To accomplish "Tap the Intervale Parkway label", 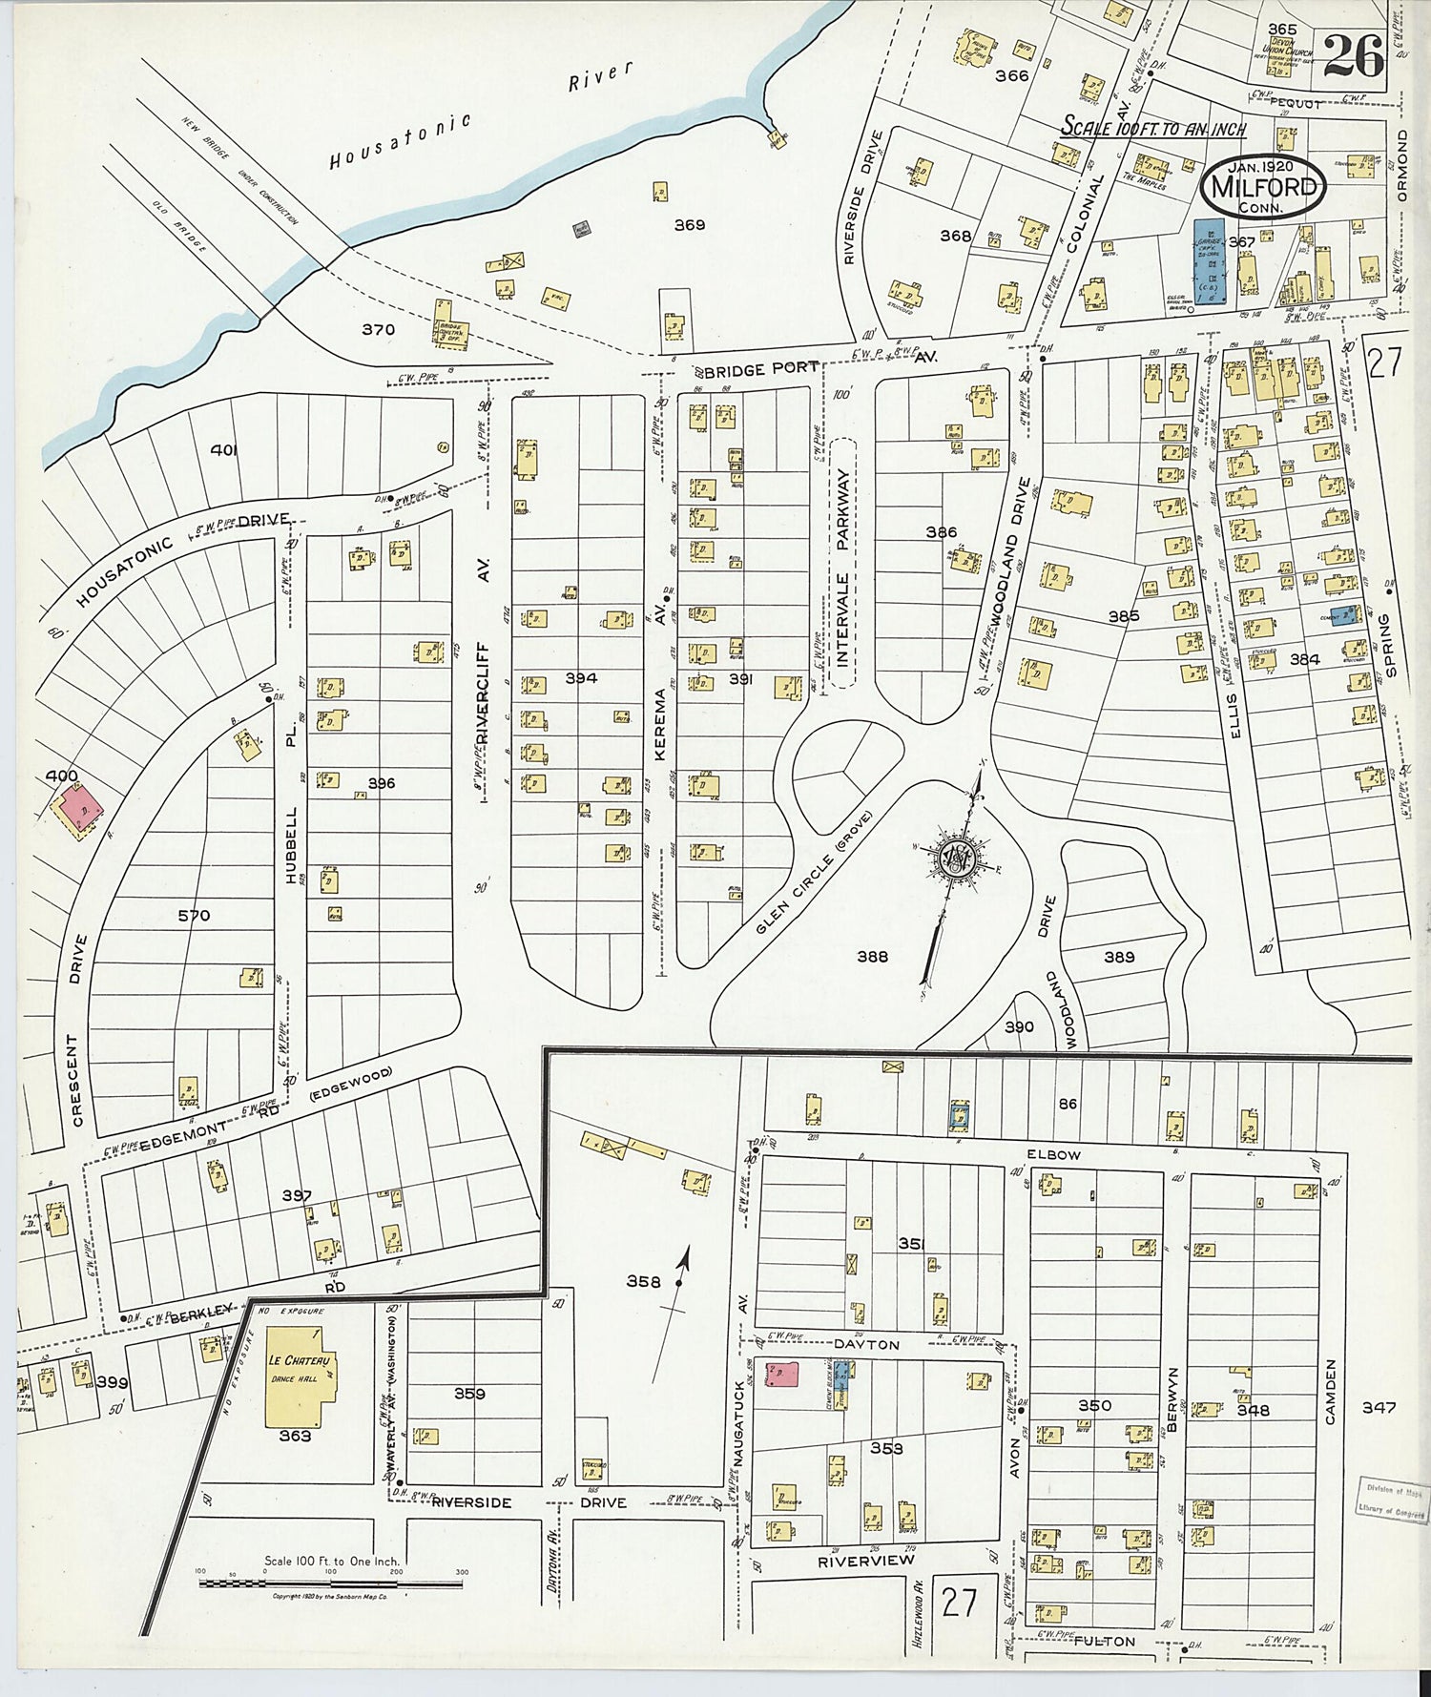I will point(842,564).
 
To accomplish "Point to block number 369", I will point(689,225).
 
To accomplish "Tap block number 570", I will point(194,916).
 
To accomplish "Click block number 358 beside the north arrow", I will point(643,1281).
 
